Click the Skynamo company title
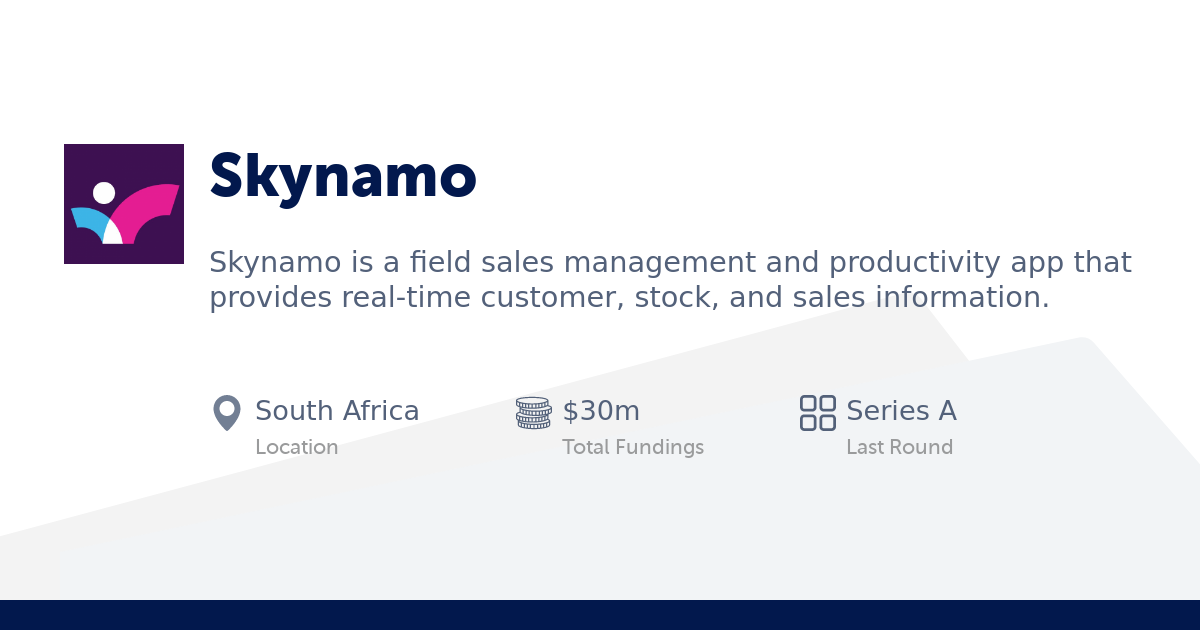[x=342, y=177]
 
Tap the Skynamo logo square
[x=124, y=204]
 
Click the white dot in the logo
[x=104, y=193]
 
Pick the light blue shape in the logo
[x=89, y=220]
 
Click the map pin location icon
[x=227, y=412]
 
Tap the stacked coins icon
[x=533, y=412]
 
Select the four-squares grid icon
[x=818, y=412]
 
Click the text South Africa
[x=337, y=411]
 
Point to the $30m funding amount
[x=601, y=411]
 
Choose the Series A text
[x=901, y=411]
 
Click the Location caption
[x=296, y=447]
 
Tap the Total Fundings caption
[x=633, y=447]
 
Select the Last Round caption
[x=899, y=447]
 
